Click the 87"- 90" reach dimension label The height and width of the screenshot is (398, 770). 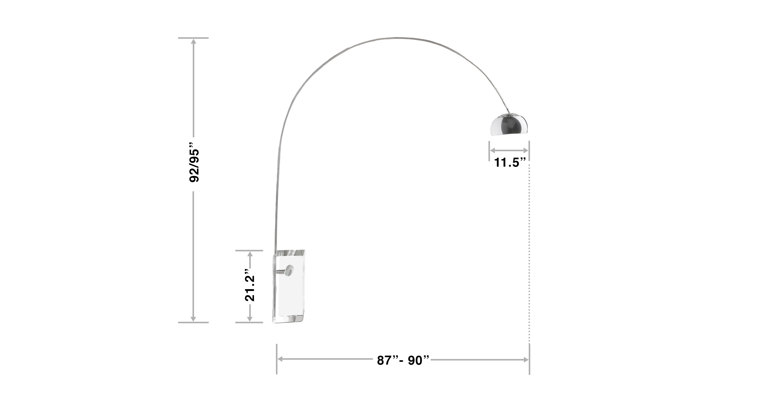coord(403,361)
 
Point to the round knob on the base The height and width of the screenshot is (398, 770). coord(289,271)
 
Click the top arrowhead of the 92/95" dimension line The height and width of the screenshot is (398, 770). coord(193,42)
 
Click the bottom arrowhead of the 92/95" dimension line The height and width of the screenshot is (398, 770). coord(193,319)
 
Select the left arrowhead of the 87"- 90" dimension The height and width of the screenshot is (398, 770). coord(280,359)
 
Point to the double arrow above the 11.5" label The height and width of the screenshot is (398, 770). coord(509,150)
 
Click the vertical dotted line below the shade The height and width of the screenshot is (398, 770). coord(529,254)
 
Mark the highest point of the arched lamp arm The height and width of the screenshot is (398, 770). coord(398,38)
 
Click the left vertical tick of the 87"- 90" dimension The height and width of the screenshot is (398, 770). coord(277,359)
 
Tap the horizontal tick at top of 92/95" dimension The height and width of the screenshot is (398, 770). coord(193,38)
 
